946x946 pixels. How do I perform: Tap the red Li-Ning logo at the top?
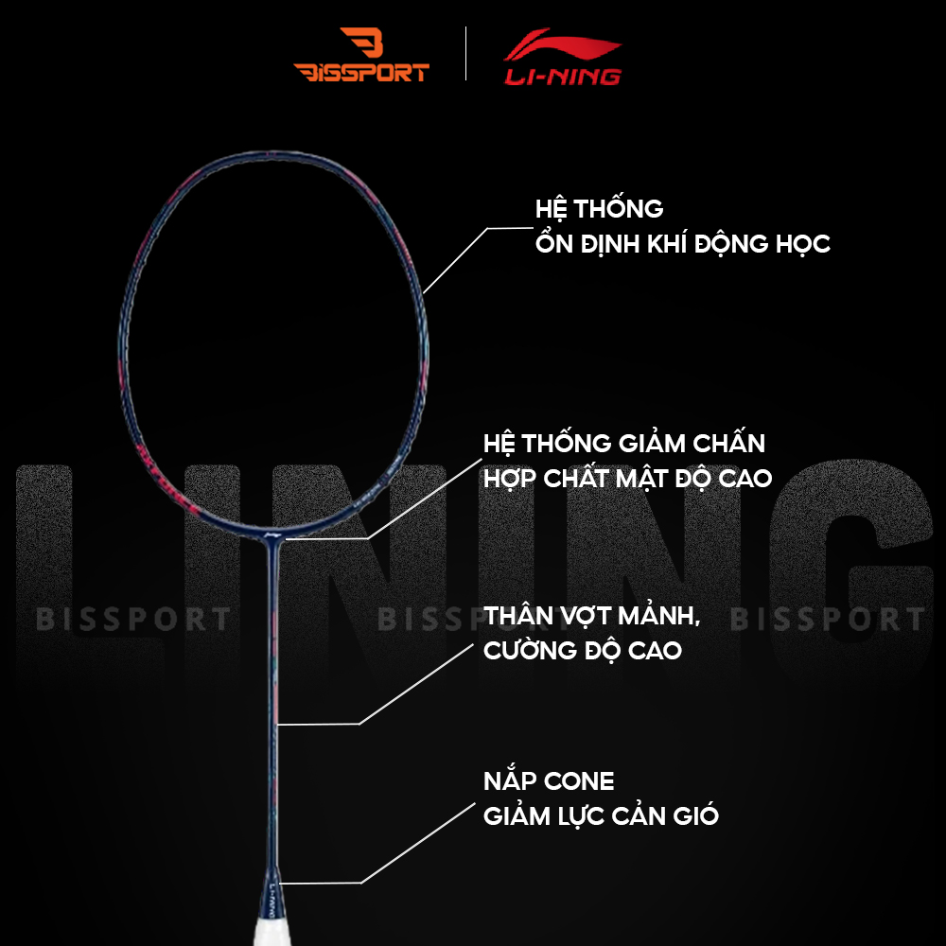(x=563, y=57)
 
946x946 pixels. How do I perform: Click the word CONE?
(x=580, y=781)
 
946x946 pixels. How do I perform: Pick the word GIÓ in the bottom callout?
(x=701, y=816)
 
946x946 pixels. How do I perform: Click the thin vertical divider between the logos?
(x=466, y=54)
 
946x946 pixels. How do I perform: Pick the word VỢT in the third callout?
(x=582, y=616)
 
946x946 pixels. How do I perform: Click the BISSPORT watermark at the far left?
(x=132, y=620)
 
